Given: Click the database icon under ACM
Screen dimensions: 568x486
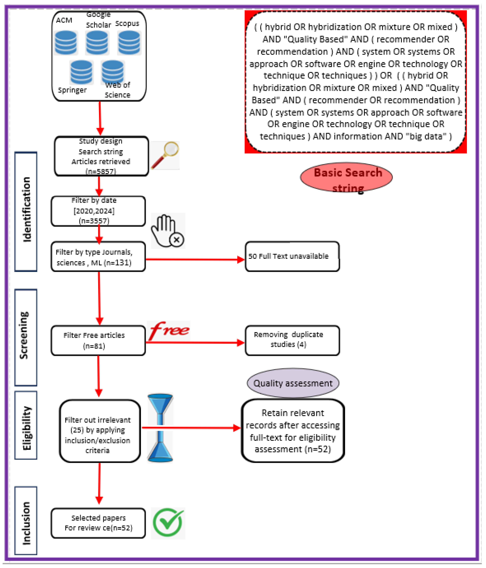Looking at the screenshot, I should pyautogui.click(x=66, y=43).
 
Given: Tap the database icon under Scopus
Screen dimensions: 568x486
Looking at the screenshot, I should pyautogui.click(x=129, y=43).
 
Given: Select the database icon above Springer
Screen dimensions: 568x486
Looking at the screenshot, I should pyautogui.click(x=81, y=72).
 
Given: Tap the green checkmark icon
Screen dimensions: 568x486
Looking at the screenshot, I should pyautogui.click(x=168, y=523).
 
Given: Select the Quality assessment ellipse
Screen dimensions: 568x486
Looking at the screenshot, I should pyautogui.click(x=293, y=383).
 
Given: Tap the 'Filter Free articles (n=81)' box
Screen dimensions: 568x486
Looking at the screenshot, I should pyautogui.click(x=98, y=340).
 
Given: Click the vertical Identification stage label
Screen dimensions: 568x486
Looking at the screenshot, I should pyautogui.click(x=26, y=211).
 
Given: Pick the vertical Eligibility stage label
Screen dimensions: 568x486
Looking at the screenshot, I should pyautogui.click(x=26, y=425).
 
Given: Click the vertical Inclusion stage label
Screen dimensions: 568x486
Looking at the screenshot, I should pyautogui.click(x=26, y=521).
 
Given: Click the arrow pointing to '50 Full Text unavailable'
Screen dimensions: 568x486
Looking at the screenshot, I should pyautogui.click(x=195, y=259).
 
